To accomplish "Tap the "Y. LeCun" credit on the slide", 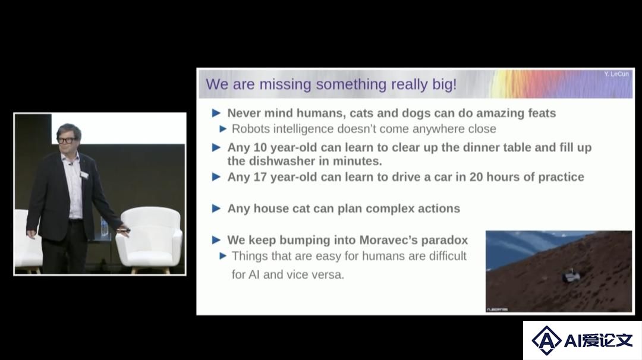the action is [x=616, y=74].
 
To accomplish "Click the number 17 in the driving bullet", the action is [x=260, y=177].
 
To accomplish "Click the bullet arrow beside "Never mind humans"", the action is [x=216, y=113].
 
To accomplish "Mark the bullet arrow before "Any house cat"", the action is [x=216, y=209].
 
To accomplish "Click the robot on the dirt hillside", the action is [x=571, y=276].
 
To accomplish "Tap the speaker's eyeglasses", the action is [x=67, y=140].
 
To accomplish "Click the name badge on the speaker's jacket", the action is [x=84, y=175].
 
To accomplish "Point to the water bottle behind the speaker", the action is [x=105, y=229].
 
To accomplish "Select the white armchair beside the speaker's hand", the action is [x=149, y=239].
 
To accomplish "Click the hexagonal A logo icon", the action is [x=546, y=340].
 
